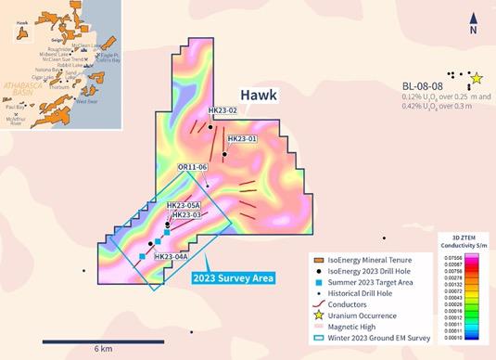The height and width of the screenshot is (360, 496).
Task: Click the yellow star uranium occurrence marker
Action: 477,78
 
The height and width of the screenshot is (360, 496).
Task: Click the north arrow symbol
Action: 473,21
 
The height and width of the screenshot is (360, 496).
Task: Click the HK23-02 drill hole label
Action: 223,110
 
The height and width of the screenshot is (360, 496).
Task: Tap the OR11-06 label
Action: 192,166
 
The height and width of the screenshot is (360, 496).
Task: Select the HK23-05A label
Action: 184,205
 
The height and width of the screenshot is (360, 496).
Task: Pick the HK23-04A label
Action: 172,256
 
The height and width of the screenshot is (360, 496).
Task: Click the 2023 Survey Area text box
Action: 233,277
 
